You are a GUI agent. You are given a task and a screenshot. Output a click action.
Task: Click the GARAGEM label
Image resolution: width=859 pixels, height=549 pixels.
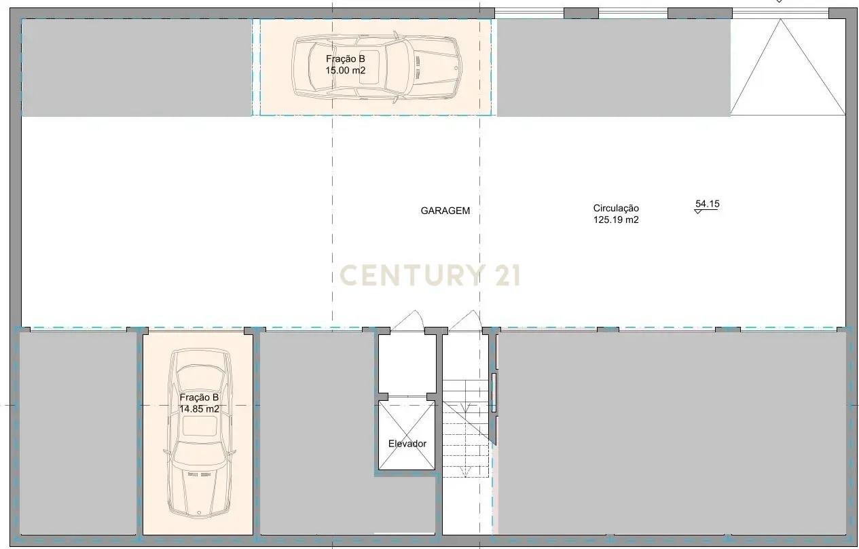click(445, 211)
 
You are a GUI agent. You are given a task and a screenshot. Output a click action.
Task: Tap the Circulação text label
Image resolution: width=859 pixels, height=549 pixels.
click(616, 209)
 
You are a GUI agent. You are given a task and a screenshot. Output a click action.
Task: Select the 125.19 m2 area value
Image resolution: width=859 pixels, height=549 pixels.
click(616, 220)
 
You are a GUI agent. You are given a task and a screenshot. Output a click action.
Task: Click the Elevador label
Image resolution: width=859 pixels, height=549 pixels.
click(407, 444)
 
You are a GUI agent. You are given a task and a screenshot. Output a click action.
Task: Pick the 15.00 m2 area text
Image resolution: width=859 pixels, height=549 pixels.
click(345, 71)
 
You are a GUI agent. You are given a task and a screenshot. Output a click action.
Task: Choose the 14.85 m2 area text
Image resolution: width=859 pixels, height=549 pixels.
click(199, 409)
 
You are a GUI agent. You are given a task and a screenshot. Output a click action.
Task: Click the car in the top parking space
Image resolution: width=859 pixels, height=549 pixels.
click(377, 68)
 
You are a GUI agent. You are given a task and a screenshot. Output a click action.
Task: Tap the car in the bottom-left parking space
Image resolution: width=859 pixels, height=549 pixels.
click(200, 433)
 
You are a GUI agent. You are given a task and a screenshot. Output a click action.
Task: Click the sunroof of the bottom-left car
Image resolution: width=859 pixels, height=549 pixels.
click(200, 426)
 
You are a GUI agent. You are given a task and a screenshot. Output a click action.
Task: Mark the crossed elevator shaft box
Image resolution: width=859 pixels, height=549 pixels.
click(407, 435)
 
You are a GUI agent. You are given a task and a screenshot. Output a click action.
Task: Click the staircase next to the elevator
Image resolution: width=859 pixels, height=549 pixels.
click(466, 429)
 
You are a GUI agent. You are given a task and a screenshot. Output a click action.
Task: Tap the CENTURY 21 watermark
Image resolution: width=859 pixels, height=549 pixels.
click(430, 275)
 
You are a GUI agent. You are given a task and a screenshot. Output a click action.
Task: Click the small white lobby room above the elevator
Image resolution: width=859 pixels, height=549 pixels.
click(407, 364)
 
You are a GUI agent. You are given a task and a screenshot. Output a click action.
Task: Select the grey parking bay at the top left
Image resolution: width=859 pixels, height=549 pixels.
click(136, 67)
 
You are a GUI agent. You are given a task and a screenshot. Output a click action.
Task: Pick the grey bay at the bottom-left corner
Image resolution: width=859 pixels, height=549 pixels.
click(78, 433)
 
